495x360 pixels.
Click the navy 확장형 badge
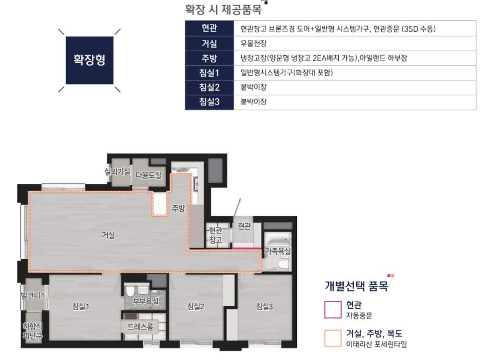(x=89, y=60)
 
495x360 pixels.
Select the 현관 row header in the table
(x=209, y=29)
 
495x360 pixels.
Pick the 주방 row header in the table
(x=209, y=58)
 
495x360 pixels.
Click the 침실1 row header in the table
(x=209, y=73)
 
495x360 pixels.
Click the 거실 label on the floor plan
(x=108, y=235)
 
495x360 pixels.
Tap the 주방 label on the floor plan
(x=178, y=209)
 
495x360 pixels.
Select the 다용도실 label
(x=149, y=175)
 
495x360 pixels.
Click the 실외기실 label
(x=117, y=171)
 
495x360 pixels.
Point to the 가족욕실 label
(x=278, y=251)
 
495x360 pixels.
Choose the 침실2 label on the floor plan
(x=196, y=306)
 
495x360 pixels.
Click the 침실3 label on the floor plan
(x=264, y=306)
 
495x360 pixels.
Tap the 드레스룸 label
(x=140, y=327)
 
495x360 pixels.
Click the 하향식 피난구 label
(x=32, y=330)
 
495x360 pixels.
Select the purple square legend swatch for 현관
(x=332, y=310)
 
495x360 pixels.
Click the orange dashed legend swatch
(x=332, y=339)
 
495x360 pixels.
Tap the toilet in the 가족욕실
(x=282, y=265)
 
